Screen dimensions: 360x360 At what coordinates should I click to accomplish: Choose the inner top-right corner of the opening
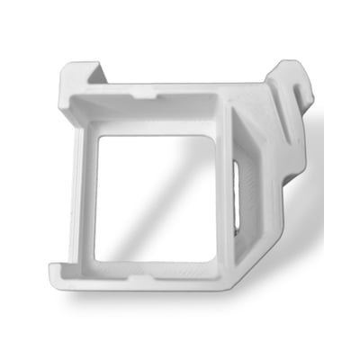click(215, 137)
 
